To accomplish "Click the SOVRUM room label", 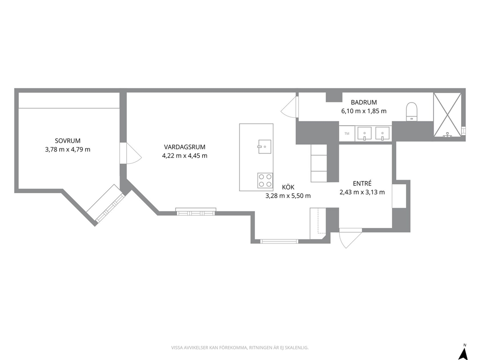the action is [68, 141].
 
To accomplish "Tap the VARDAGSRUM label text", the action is [184, 147].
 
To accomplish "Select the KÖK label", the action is [288, 187].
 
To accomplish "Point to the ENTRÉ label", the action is [362, 183].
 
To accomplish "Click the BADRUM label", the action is [364, 102].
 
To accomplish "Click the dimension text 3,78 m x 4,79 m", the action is [68, 150].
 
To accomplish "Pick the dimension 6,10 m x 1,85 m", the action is [364, 111].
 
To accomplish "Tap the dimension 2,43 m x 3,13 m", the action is [362, 192].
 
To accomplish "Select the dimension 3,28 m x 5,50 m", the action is [288, 196].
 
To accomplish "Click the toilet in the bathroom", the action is [412, 111].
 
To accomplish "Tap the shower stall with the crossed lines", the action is [447, 115].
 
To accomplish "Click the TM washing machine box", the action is [347, 134].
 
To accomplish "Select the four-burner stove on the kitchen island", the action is [265, 180].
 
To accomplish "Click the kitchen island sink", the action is [265, 147].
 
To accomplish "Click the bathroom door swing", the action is [289, 106].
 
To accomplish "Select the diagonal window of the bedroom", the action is [105, 204].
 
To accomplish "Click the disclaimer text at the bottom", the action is [240, 348].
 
